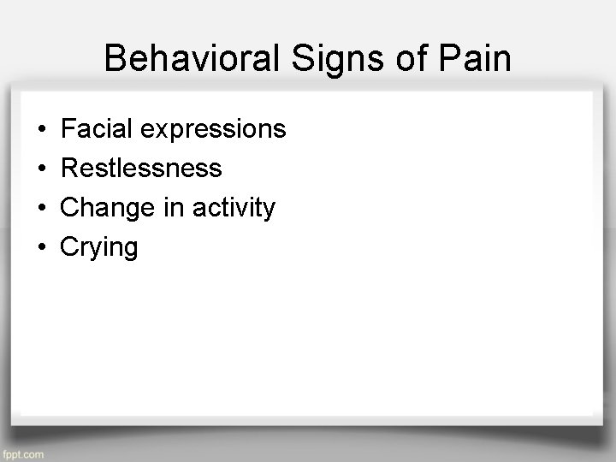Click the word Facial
tap(95, 129)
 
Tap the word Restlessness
tap(141, 169)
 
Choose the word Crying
tap(99, 248)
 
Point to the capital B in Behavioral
tap(115, 59)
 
